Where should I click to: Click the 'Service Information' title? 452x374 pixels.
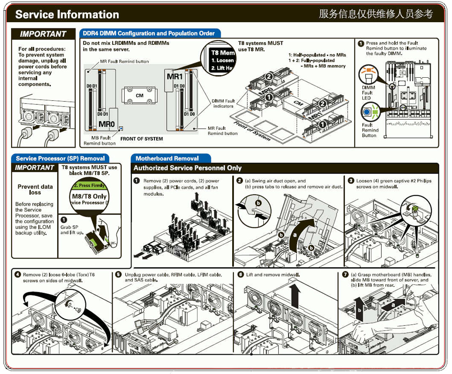[67, 15]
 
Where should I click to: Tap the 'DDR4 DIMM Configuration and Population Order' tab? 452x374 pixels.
[149, 33]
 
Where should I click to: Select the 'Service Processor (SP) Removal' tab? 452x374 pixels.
[60, 158]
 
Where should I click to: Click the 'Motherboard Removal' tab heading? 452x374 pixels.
[167, 158]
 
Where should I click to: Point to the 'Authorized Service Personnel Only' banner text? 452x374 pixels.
[187, 168]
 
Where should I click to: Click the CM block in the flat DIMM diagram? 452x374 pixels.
[139, 95]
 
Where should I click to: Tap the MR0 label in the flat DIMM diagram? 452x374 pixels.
[107, 124]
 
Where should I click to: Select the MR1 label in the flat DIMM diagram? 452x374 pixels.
[175, 77]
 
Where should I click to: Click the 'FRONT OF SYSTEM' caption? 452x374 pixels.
[141, 139]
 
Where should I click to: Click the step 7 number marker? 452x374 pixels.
[345, 275]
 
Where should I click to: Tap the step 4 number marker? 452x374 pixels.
[17, 275]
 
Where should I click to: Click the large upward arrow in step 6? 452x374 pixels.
[294, 294]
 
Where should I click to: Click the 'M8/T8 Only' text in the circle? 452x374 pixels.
[89, 196]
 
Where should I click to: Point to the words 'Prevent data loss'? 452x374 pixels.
[35, 189]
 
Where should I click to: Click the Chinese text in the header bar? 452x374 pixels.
[376, 14]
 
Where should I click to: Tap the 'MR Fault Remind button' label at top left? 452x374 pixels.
[125, 62]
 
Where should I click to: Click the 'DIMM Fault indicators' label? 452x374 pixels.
[224, 103]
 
